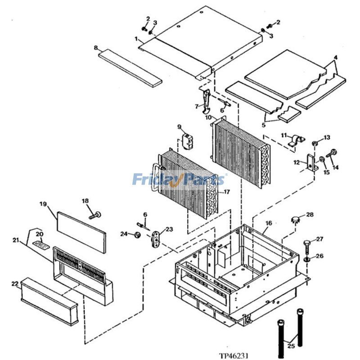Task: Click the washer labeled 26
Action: [x=307, y=260]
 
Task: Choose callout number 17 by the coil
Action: [x=227, y=192]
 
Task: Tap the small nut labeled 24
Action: [x=137, y=234]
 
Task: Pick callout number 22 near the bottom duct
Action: [x=14, y=284]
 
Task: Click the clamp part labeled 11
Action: [x=295, y=141]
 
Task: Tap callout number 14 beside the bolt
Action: [x=335, y=167]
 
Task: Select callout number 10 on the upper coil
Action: [x=208, y=117]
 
